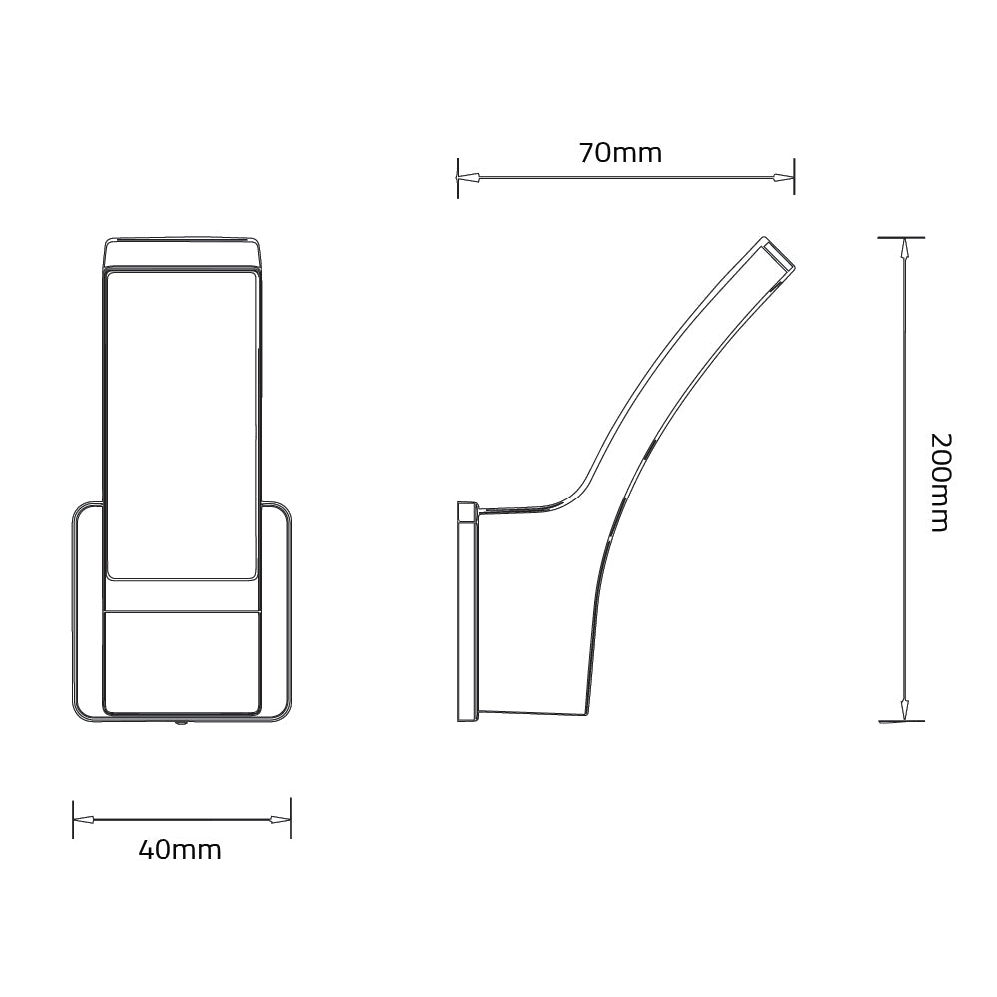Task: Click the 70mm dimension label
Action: coord(620,153)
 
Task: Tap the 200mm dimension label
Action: coord(939,483)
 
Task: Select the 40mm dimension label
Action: coord(179,850)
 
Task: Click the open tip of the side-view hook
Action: coord(778,256)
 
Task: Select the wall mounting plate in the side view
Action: coord(467,611)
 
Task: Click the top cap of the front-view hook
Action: coord(182,253)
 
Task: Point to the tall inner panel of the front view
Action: coord(182,424)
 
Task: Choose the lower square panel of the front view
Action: coord(182,661)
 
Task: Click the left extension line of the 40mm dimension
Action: coord(73,818)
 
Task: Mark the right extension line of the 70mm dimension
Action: coord(794,176)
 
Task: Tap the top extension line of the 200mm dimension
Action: coord(901,237)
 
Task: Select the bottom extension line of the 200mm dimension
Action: coord(901,721)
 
